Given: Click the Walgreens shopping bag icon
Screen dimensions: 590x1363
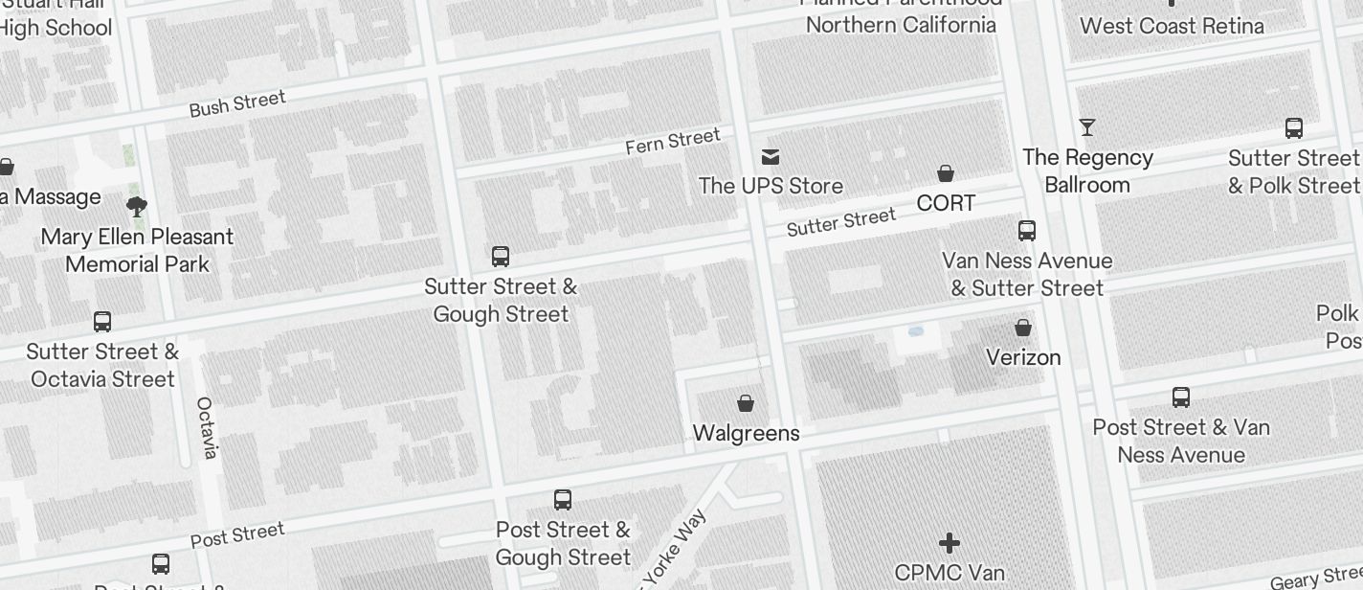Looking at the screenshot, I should [746, 403].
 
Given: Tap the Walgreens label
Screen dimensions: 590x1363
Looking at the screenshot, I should [746, 433].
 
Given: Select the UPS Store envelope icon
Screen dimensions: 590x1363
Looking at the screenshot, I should [771, 156].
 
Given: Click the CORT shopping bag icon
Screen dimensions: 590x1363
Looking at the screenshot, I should [946, 173].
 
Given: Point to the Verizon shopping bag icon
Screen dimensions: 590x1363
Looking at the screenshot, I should [1023, 328].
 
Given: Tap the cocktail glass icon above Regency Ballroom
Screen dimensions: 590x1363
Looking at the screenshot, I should [1087, 126].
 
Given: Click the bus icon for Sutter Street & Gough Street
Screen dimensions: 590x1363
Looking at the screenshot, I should [501, 256].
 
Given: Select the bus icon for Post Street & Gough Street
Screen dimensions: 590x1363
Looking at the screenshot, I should [563, 499].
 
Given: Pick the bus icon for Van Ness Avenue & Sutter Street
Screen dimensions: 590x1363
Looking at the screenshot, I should [1027, 230].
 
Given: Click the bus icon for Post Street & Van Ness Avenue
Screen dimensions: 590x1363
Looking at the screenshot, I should [1181, 397].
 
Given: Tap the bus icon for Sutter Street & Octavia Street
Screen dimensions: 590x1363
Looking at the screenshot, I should [102, 321].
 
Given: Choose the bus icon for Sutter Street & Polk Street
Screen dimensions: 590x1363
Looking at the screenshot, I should [1294, 127].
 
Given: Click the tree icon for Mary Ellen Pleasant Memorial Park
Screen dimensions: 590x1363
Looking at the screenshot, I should [137, 205].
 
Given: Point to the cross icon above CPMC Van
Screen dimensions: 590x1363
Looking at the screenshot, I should [950, 543].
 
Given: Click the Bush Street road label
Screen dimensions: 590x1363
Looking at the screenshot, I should [237, 103].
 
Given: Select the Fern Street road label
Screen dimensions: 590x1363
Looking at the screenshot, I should [672, 141].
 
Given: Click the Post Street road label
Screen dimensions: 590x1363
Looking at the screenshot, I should [237, 534].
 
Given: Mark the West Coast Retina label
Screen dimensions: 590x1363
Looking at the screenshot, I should [1172, 26].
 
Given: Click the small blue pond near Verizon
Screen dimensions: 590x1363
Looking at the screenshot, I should [915, 331].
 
